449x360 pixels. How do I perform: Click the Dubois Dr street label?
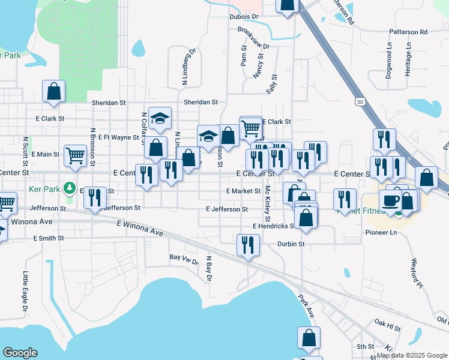243,17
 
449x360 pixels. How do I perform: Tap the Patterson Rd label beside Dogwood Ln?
408,32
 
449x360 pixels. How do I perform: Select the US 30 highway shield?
359,103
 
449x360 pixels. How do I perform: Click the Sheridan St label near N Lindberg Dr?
200,103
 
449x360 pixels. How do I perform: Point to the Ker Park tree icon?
70,187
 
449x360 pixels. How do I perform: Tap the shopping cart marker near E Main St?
76,155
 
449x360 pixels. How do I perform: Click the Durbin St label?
292,244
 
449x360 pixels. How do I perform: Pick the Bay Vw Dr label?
184,257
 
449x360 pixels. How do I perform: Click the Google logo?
20,353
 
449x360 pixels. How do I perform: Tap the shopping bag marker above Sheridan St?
53,91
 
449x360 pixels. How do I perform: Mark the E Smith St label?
49,238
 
